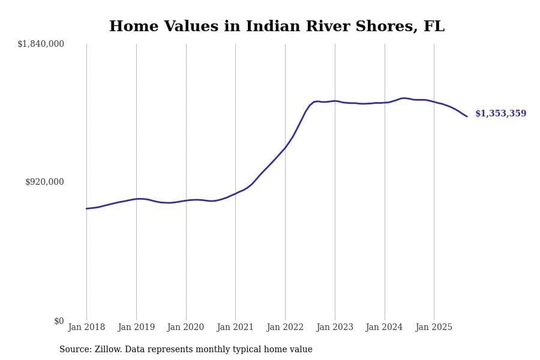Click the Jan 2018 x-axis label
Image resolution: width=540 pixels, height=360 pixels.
point(86,327)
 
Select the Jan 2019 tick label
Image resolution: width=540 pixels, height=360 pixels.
point(136,327)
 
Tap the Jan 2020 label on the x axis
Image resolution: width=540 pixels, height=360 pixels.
point(185,327)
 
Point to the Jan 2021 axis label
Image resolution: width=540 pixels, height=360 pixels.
point(235,327)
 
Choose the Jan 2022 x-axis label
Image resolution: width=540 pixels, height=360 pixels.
point(285,327)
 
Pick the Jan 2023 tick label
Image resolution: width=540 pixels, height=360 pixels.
point(335,327)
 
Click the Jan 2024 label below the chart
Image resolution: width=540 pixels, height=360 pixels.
point(384,327)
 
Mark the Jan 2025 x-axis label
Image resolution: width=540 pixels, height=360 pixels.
point(434,327)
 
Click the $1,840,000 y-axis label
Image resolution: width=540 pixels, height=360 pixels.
point(41,44)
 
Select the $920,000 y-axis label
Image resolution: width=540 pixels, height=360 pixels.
point(44,182)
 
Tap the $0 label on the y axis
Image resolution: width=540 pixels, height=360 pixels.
point(59,321)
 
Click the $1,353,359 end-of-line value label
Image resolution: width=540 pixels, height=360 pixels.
point(500,113)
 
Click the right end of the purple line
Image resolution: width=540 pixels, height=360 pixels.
point(467,116)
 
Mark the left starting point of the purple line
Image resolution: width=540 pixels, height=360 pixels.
point(86,209)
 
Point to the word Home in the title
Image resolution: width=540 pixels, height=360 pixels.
point(128,27)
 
